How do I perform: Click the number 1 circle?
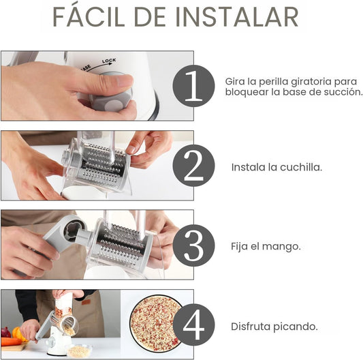(193, 86)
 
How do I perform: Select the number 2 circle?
(193, 166)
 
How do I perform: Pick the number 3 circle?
(193, 245)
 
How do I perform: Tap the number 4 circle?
(193, 325)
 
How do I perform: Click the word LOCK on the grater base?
(109, 61)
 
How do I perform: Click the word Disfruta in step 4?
(251, 327)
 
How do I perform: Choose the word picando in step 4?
(296, 327)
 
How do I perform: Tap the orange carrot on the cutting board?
(11, 341)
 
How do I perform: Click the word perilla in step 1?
(273, 82)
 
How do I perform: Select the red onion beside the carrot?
(5, 333)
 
